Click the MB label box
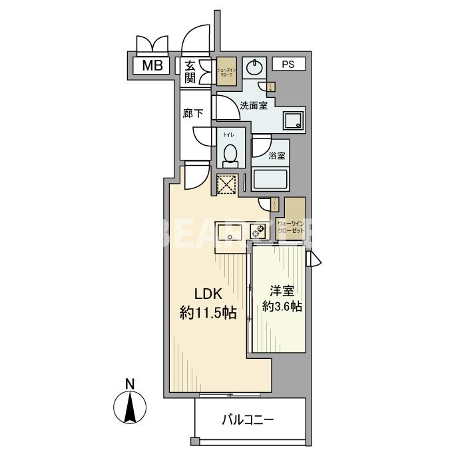point(153,65)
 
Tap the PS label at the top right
point(288,65)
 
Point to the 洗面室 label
point(254,106)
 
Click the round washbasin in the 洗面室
point(255,67)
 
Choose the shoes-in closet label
point(226,73)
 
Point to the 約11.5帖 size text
point(208,314)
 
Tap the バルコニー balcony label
point(247,420)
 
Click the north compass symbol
point(130,406)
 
